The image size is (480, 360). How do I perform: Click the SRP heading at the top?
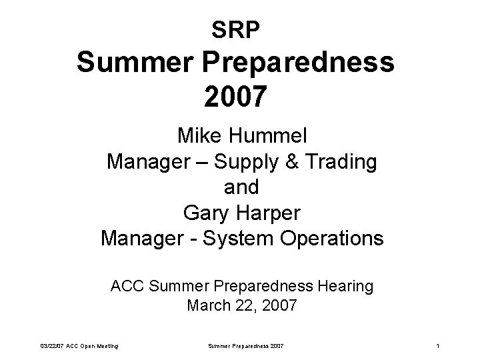[x=239, y=29]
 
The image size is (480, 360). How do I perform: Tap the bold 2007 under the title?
[x=239, y=97]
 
